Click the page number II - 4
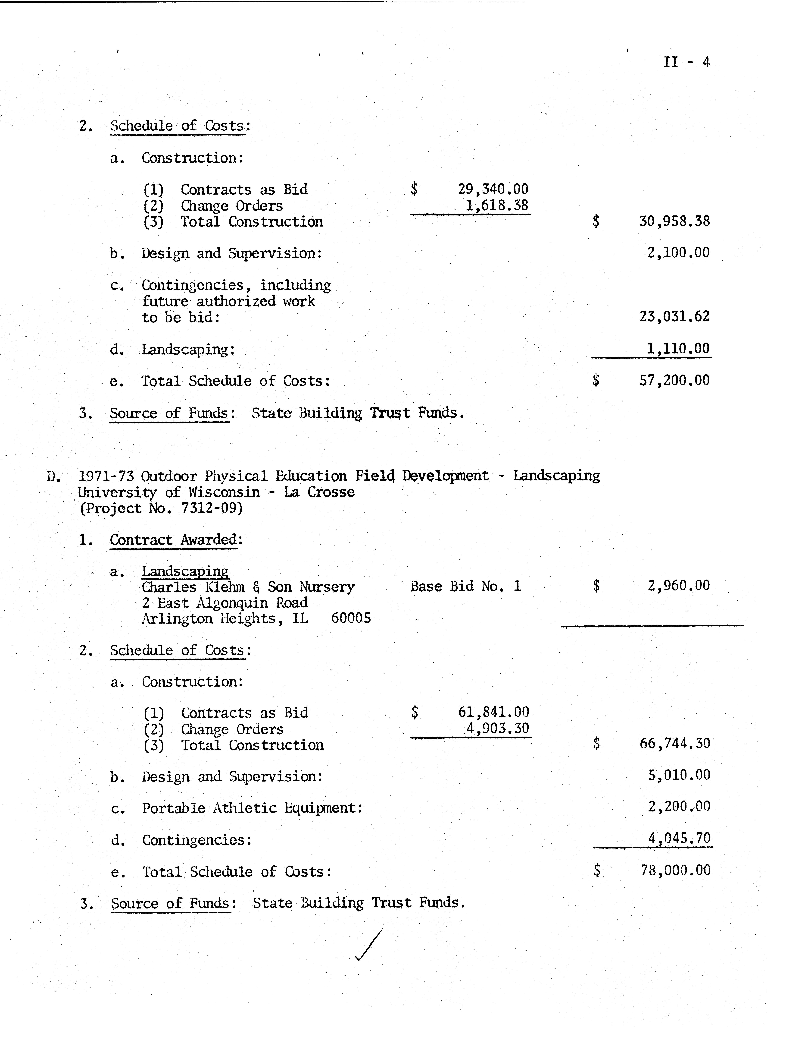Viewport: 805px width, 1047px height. [x=686, y=62]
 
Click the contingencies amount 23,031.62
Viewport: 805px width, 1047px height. [x=674, y=316]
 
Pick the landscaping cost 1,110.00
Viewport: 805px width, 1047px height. [x=677, y=349]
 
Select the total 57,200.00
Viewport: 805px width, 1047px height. [x=674, y=381]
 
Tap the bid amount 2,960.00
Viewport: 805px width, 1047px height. [x=678, y=585]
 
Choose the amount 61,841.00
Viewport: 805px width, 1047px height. [x=493, y=712]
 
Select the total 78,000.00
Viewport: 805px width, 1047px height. [x=675, y=870]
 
